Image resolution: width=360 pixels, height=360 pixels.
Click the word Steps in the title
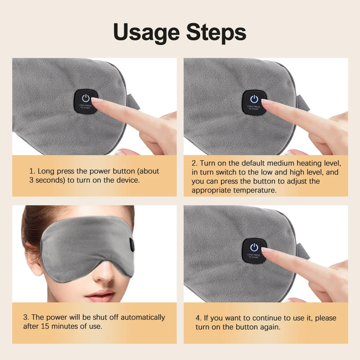(216, 32)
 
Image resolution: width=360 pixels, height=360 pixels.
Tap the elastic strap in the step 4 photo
(303, 251)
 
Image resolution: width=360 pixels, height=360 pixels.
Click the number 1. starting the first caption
(32, 171)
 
